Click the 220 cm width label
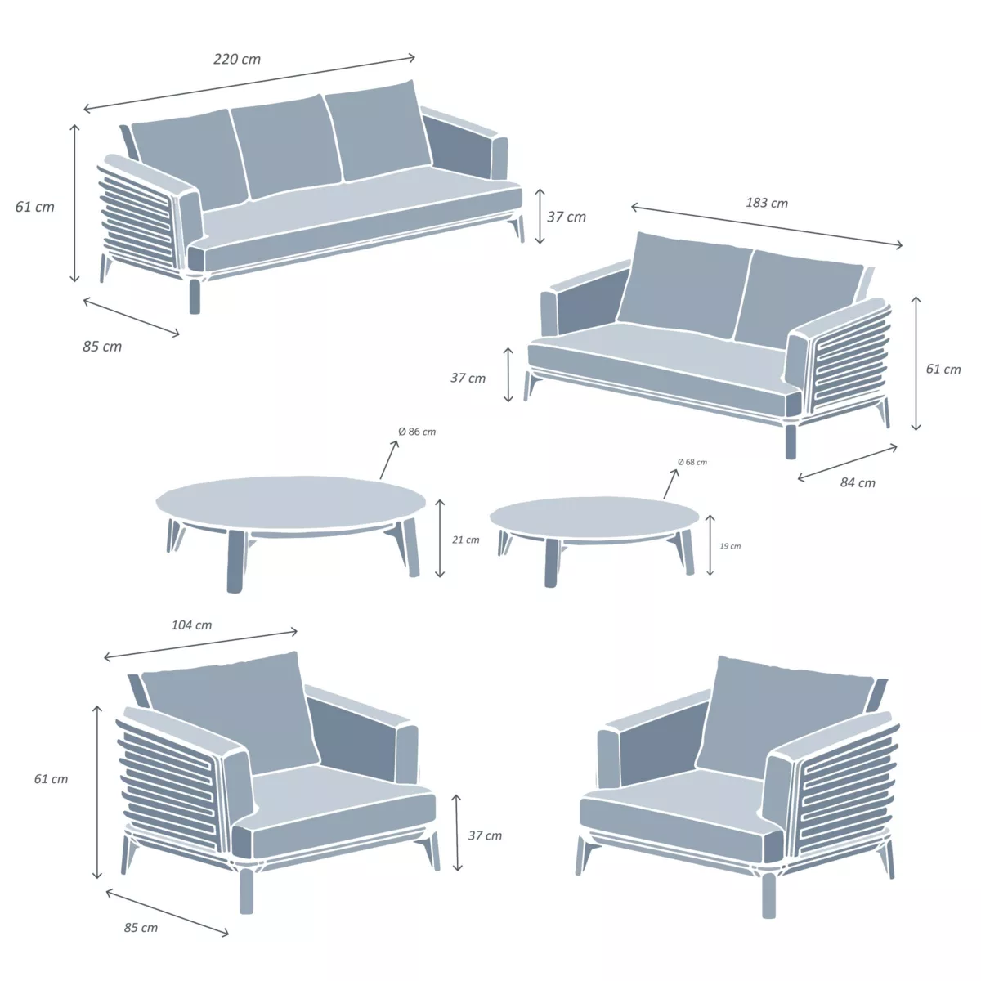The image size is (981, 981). click(x=237, y=59)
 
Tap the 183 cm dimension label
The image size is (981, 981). click(x=767, y=203)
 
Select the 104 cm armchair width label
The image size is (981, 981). click(x=191, y=625)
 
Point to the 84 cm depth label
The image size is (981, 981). click(x=858, y=483)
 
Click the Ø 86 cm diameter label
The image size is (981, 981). click(x=417, y=432)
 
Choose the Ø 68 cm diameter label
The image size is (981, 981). click(x=692, y=462)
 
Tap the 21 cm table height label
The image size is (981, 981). click(x=466, y=540)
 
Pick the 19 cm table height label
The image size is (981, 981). click(x=730, y=546)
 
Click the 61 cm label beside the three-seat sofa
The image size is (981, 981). click(x=35, y=207)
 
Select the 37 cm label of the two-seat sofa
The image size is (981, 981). click(x=468, y=378)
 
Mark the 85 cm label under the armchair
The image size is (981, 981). click(x=141, y=928)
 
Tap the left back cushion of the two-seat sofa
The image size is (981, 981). click(x=683, y=286)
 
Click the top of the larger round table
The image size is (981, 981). click(x=290, y=501)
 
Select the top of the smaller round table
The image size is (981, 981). click(x=594, y=518)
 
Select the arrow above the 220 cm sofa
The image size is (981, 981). click(x=249, y=83)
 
